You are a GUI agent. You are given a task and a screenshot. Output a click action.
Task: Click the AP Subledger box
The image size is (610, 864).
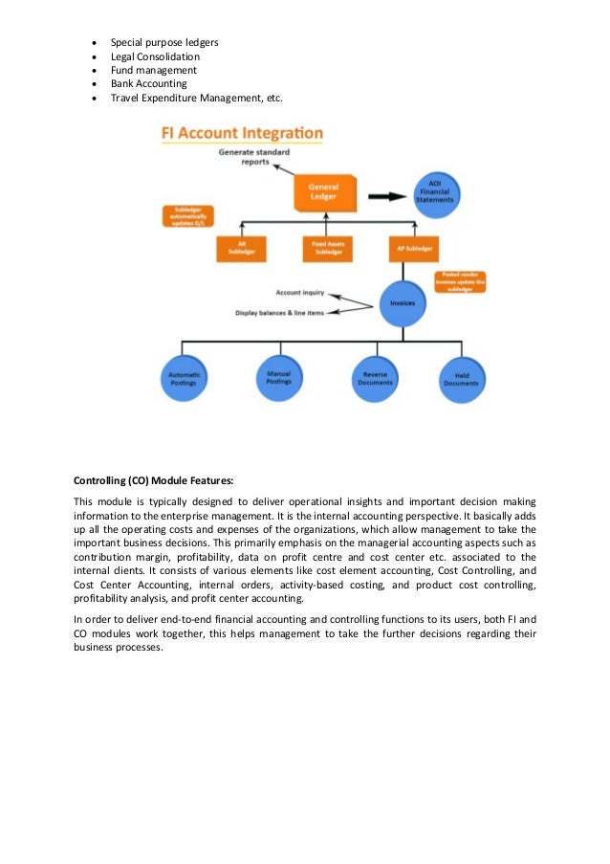point(414,250)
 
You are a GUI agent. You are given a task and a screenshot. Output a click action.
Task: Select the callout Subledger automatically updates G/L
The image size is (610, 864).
point(188,216)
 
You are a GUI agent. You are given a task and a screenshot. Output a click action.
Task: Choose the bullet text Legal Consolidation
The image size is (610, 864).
point(155,56)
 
